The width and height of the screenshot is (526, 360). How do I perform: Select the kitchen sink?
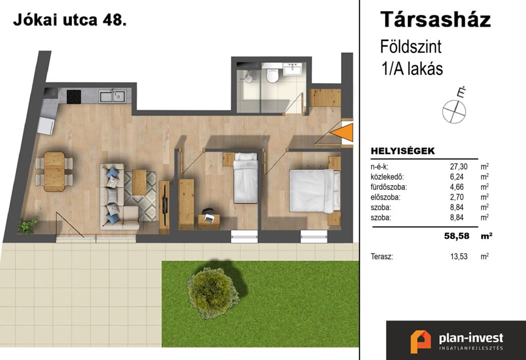click(112, 96)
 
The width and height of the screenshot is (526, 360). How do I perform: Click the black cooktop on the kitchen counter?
click(74, 97)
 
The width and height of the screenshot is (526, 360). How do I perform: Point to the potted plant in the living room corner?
click(28, 225)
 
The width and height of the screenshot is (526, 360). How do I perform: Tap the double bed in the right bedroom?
click(315, 191)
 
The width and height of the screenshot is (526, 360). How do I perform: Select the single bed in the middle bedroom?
click(246, 178)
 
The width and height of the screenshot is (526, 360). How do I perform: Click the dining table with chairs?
click(54, 172)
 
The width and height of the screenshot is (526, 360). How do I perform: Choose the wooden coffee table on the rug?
click(139, 182)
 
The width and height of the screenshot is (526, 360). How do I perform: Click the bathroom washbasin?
click(293, 69)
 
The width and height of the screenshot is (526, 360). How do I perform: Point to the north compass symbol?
click(455, 108)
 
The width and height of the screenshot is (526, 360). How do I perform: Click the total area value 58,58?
click(457, 236)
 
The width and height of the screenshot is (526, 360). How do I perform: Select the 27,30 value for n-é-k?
click(459, 166)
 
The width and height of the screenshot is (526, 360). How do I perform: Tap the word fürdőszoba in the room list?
click(388, 187)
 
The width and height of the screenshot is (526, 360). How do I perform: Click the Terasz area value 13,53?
click(459, 257)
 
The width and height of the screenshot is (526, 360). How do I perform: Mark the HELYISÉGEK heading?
click(403, 151)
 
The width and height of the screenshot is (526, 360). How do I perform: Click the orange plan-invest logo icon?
click(421, 342)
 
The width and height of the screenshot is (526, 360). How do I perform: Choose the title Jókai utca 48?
click(70, 20)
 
